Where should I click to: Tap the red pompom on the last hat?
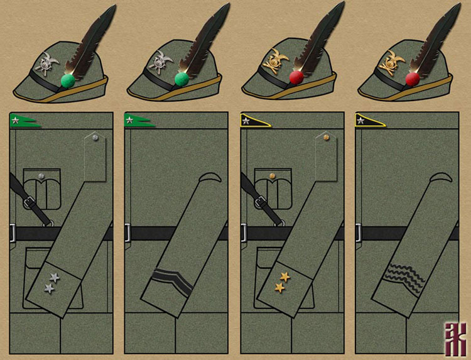(413, 79)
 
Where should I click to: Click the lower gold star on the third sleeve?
(279, 288)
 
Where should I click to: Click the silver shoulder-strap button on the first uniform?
(94, 136)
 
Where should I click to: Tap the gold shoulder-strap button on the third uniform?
(325, 136)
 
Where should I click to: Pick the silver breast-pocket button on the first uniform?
(41, 176)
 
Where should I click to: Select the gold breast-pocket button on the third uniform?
(273, 176)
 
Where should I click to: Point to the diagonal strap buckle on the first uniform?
(27, 202)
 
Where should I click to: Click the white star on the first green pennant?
(14, 119)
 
